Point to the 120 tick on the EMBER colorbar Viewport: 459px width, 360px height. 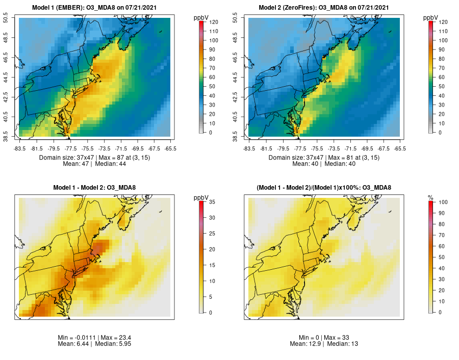click(x=211, y=22)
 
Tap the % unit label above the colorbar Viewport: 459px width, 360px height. click(x=430, y=197)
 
